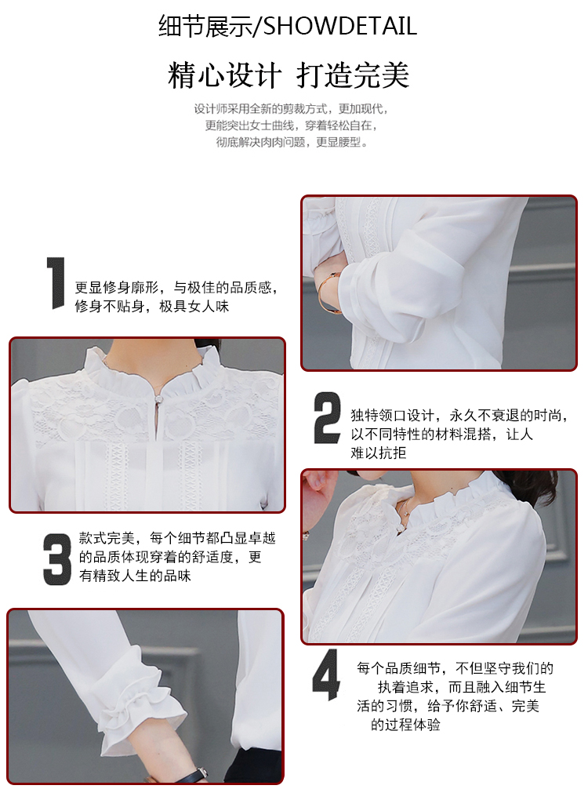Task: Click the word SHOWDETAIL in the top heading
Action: (x=340, y=26)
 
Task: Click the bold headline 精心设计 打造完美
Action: (x=289, y=75)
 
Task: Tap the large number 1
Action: (x=56, y=283)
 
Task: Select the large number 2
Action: (x=327, y=418)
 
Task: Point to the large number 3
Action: (x=56, y=559)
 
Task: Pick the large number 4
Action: (x=326, y=674)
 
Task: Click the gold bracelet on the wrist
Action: (x=327, y=292)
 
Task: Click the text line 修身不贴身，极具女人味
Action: (x=152, y=306)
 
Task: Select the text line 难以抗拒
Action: (x=378, y=453)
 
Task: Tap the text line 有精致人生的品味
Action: (x=135, y=576)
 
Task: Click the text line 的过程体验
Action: (x=405, y=725)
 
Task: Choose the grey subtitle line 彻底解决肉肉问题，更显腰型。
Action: (x=292, y=143)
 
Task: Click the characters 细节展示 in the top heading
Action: (x=205, y=26)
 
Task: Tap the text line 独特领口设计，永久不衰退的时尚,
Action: (x=459, y=415)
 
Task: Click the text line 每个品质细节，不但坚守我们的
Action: (x=456, y=668)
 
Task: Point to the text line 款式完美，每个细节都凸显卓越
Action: (x=177, y=538)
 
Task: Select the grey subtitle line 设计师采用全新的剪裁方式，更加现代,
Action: (x=291, y=109)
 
